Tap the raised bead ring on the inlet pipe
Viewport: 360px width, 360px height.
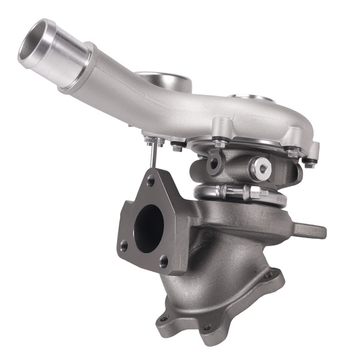pos(76,67)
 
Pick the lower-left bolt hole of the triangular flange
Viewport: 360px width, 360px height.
pos(124,245)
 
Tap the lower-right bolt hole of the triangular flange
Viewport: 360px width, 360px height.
pos(163,260)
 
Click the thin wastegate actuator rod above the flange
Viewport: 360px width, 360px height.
pos(155,157)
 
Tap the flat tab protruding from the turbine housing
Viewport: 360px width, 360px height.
pos(311,230)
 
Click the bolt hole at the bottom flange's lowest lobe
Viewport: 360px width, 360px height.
pos(207,327)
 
